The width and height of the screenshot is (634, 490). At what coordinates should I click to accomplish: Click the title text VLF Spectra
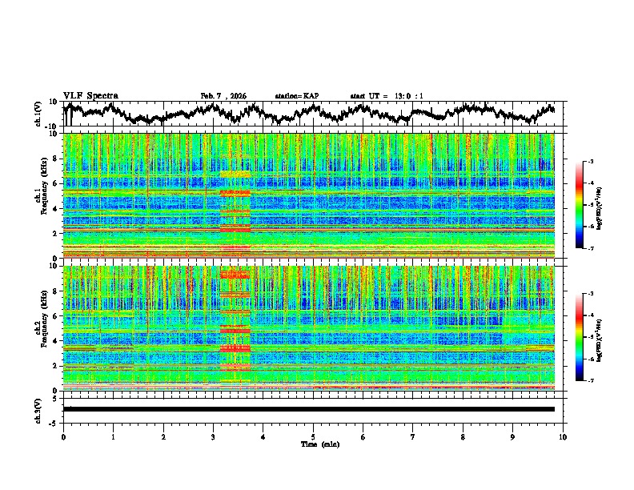tap(90, 95)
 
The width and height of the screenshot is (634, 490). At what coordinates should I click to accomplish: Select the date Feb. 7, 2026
tap(223, 96)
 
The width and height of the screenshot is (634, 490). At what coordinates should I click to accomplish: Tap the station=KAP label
tap(296, 96)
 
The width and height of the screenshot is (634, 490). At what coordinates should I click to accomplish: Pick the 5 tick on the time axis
tap(313, 436)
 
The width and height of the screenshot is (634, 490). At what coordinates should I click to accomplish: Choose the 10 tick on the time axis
tap(563, 436)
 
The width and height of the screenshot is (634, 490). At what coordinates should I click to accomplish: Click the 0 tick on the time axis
tap(63, 436)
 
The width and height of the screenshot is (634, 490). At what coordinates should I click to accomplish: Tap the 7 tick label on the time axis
tap(413, 436)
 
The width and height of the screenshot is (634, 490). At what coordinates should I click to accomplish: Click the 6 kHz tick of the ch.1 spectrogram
tap(56, 183)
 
